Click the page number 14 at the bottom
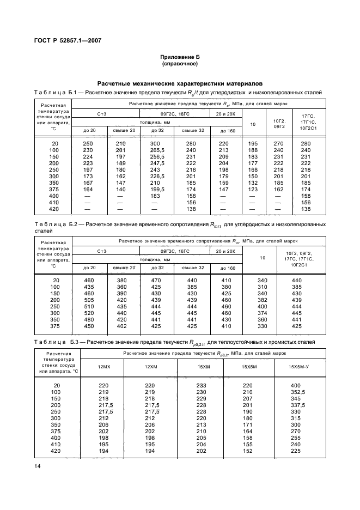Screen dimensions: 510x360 (x=38, y=466)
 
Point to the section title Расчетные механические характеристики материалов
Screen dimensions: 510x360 (x=180, y=83)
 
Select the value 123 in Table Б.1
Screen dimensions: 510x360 (x=252, y=188)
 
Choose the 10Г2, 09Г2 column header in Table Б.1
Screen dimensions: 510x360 (x=279, y=124)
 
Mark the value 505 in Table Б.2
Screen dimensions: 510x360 (x=89, y=300)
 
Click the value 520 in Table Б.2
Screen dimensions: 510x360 (x=89, y=313)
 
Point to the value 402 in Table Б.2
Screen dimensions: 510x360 (x=121, y=326)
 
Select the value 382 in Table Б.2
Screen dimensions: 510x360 (x=263, y=300)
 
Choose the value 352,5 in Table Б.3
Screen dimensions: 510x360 (x=297, y=392)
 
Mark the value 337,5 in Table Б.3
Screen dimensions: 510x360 (x=297, y=405)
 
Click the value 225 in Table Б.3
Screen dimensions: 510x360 (x=297, y=451)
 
